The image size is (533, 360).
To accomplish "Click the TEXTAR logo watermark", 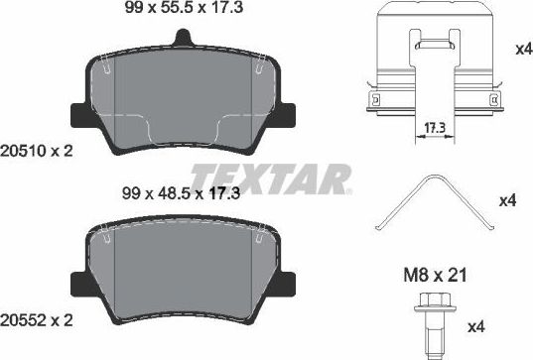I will tap(271, 179).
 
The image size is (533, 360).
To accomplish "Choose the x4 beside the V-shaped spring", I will tap(508, 202).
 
